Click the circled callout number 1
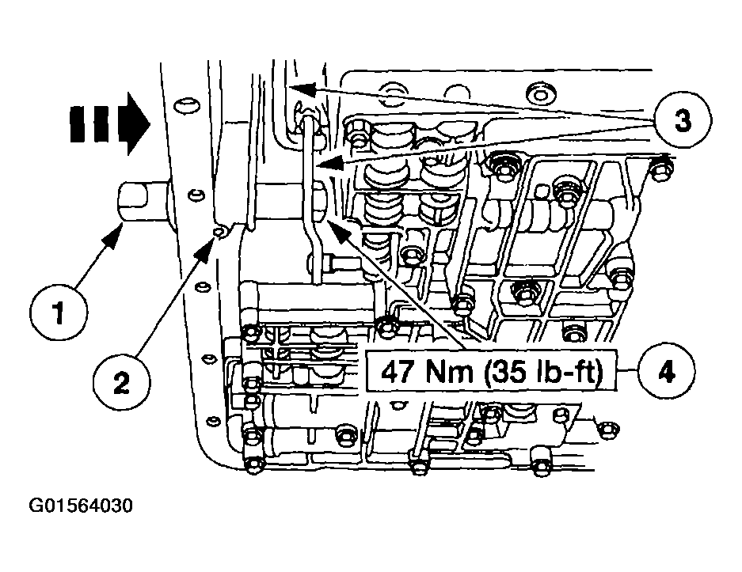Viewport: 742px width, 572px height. click(x=59, y=312)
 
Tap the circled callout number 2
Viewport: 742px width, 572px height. click(x=122, y=381)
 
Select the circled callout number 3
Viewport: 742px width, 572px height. click(x=683, y=120)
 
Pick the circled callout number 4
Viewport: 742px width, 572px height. click(x=667, y=372)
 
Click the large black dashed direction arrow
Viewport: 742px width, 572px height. click(x=110, y=124)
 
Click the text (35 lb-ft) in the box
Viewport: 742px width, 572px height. click(x=544, y=372)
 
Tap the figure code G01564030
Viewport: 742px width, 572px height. click(x=81, y=506)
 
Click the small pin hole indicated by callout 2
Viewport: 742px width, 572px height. click(x=219, y=231)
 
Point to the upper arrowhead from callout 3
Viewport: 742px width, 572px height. click(x=302, y=89)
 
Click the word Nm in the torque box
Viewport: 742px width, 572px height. click(x=450, y=372)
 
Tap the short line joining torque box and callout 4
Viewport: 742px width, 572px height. click(x=627, y=372)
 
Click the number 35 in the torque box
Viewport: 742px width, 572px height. click(x=508, y=372)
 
